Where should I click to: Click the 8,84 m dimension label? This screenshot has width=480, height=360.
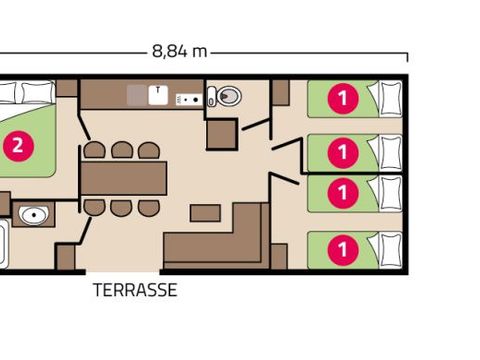pyautogui.click(x=179, y=51)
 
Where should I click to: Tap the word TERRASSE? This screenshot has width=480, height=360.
pyautogui.click(x=135, y=291)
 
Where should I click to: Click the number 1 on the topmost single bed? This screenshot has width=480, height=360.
pyautogui.click(x=343, y=98)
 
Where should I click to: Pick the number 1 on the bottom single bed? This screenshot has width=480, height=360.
pyautogui.click(x=343, y=245)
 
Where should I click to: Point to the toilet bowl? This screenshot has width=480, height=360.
pyautogui.click(x=226, y=97)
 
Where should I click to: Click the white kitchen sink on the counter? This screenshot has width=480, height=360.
pyautogui.click(x=159, y=94)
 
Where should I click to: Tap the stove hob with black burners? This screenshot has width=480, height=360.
pyautogui.click(x=188, y=98)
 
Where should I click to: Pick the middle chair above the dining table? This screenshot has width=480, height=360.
pyautogui.click(x=122, y=150)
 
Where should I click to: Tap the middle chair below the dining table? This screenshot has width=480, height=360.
pyautogui.click(x=122, y=207)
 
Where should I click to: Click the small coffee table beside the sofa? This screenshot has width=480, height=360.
pyautogui.click(x=206, y=213)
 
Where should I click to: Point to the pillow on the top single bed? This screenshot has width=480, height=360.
pyautogui.click(x=384, y=98)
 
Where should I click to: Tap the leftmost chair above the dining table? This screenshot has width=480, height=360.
pyautogui.click(x=95, y=150)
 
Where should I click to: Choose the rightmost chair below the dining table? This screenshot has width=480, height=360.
pyautogui.click(x=149, y=207)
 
